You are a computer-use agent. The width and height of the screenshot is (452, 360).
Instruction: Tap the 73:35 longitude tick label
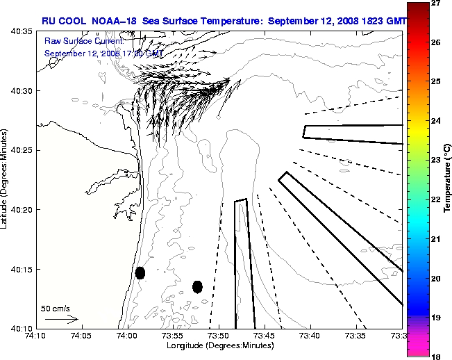point(356,336)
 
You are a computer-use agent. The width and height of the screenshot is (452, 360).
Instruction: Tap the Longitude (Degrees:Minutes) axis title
point(218,345)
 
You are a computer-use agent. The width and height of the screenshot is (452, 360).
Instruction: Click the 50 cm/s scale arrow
point(61,319)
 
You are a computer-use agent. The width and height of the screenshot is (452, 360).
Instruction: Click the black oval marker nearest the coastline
point(140,272)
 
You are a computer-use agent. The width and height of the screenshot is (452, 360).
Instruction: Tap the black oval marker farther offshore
point(197,286)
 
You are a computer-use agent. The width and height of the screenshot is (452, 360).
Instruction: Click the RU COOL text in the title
point(60,21)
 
